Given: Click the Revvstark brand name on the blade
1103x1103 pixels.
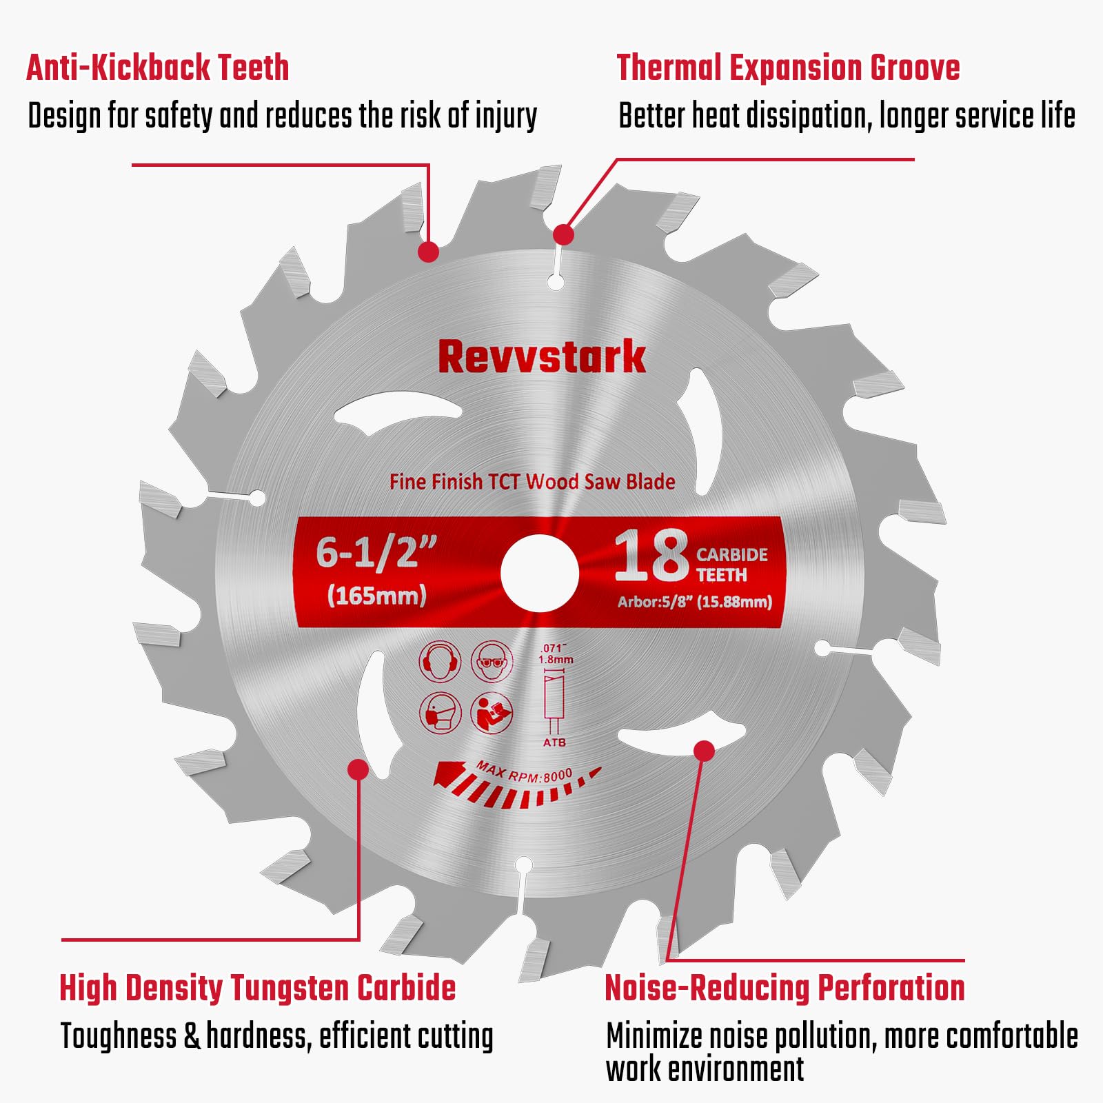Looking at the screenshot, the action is coord(542,357).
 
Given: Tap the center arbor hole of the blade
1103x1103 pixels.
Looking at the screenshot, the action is coord(539,574).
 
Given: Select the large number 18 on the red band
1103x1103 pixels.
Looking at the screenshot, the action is coord(651,555).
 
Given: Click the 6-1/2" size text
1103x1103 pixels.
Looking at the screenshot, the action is coord(376,553).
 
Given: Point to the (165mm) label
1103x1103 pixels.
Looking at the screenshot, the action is coord(376,595).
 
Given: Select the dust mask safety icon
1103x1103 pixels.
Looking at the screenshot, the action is coord(440,713).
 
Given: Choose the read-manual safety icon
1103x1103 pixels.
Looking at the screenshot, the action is coord(492,713).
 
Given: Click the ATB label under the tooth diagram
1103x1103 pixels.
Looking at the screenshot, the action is coord(554,742).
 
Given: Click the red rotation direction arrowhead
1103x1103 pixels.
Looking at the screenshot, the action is coord(448,773).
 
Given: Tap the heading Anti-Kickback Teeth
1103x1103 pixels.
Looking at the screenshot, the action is coord(158,68).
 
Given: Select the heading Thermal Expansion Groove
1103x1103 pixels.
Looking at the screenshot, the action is coord(788,68).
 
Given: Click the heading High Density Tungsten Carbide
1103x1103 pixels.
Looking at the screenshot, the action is coord(258,987).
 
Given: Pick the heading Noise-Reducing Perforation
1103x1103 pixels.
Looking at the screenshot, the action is coord(785,987).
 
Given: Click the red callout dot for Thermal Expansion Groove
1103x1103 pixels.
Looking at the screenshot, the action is coord(563,234).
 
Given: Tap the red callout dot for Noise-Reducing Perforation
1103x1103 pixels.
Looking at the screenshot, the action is coord(704,751).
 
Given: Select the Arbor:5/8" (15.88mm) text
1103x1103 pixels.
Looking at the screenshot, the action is coord(695,602).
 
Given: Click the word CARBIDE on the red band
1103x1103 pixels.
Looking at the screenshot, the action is coord(731,555).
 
